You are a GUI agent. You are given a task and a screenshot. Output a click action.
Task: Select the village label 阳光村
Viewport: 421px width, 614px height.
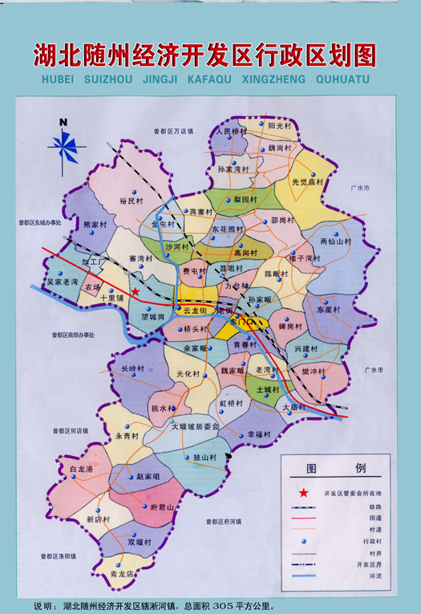[282, 126]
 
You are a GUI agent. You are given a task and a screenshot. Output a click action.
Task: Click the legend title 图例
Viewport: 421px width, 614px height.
[335, 468]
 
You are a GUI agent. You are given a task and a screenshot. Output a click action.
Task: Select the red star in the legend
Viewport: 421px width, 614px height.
[303, 492]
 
